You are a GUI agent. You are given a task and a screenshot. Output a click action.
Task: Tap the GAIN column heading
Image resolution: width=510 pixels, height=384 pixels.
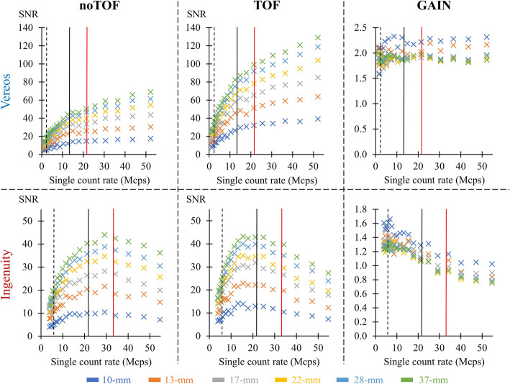click(x=427, y=7)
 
